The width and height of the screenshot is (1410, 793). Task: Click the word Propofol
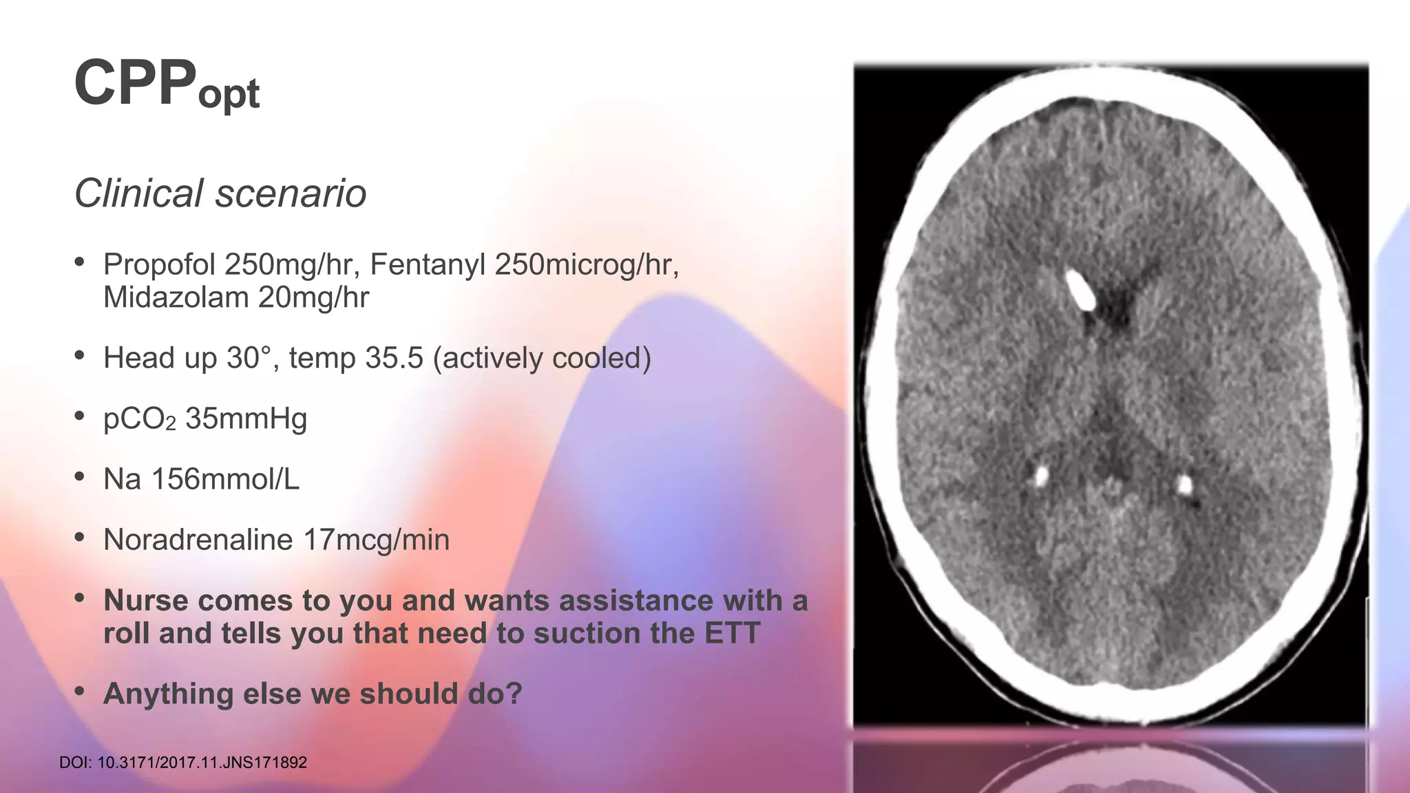[160, 265]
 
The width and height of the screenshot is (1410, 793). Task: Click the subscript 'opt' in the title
[229, 94]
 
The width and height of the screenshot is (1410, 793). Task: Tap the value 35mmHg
[246, 419]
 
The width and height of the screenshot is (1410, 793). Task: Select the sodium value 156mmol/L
[225, 479]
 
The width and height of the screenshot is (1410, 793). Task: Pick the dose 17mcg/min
[376, 540]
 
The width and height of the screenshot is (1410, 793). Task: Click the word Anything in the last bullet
[168, 694]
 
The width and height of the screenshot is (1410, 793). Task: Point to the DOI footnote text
[183, 763]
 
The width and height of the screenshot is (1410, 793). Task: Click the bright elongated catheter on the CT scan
[1080, 290]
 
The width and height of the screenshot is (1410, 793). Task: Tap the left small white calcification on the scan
[1041, 474]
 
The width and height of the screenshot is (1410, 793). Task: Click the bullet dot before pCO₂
[80, 415]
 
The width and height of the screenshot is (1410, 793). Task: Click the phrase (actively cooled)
[542, 359]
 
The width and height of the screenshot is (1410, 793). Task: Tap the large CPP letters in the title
[135, 83]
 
